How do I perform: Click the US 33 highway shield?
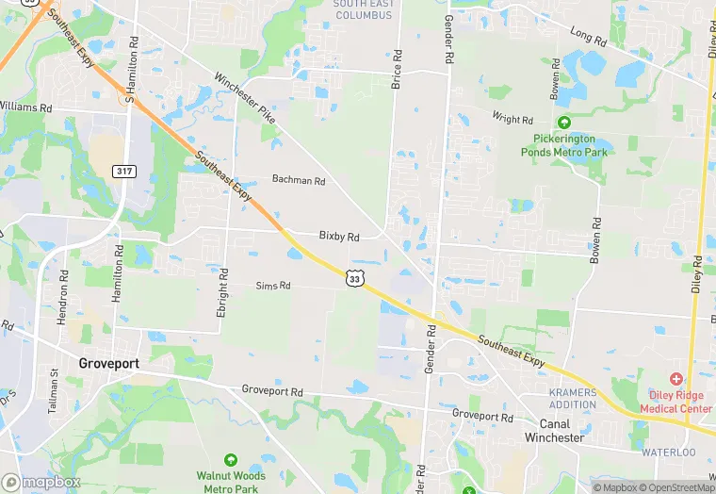(353, 278)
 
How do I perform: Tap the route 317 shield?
(123, 171)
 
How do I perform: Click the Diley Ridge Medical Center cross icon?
(675, 378)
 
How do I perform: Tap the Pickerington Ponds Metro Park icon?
(564, 123)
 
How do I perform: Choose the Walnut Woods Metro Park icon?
(230, 459)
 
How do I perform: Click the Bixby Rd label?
(339, 237)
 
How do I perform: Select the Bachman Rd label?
(298, 180)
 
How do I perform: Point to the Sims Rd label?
(273, 286)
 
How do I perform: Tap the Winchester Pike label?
(244, 99)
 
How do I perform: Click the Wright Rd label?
(513, 119)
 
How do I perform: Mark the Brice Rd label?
(397, 76)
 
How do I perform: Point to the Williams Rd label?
(25, 107)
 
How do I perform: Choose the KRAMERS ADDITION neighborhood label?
(572, 399)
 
